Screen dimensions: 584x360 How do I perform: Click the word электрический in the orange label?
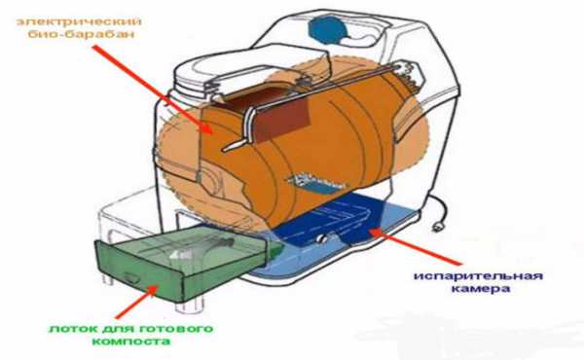point(79,21)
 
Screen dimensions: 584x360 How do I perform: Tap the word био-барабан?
point(81,34)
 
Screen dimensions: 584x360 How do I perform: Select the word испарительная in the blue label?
point(478,276)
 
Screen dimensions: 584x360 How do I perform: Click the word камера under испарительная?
point(480,289)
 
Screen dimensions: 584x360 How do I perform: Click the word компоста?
point(130,342)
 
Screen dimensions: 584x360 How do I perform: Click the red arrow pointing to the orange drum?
point(153,90)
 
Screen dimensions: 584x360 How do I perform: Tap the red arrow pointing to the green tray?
point(135,302)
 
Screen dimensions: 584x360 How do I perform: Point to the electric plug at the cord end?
point(436,226)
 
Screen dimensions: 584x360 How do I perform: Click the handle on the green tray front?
point(131,277)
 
